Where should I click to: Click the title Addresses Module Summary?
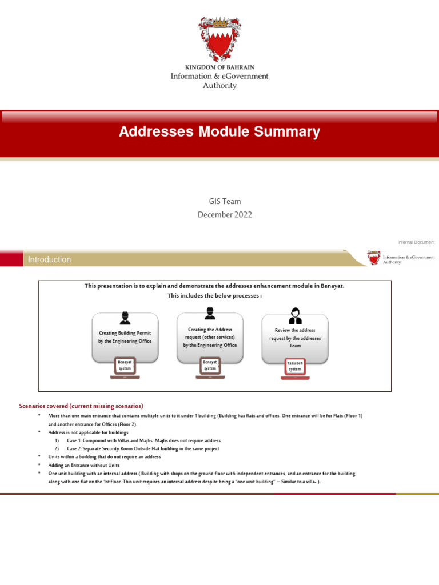[219, 132]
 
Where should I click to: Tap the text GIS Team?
[225, 201]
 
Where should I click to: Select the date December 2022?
[225, 215]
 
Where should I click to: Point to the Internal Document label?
[416, 242]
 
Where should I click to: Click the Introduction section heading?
[50, 259]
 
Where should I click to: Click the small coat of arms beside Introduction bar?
[374, 258]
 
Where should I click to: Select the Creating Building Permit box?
[125, 337]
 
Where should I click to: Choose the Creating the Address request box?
[210, 337]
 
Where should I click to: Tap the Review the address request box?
[295, 338]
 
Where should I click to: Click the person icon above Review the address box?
[295, 316]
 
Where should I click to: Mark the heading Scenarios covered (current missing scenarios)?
[81, 406]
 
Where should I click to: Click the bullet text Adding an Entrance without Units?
[84, 466]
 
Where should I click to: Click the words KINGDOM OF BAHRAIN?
[219, 67]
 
